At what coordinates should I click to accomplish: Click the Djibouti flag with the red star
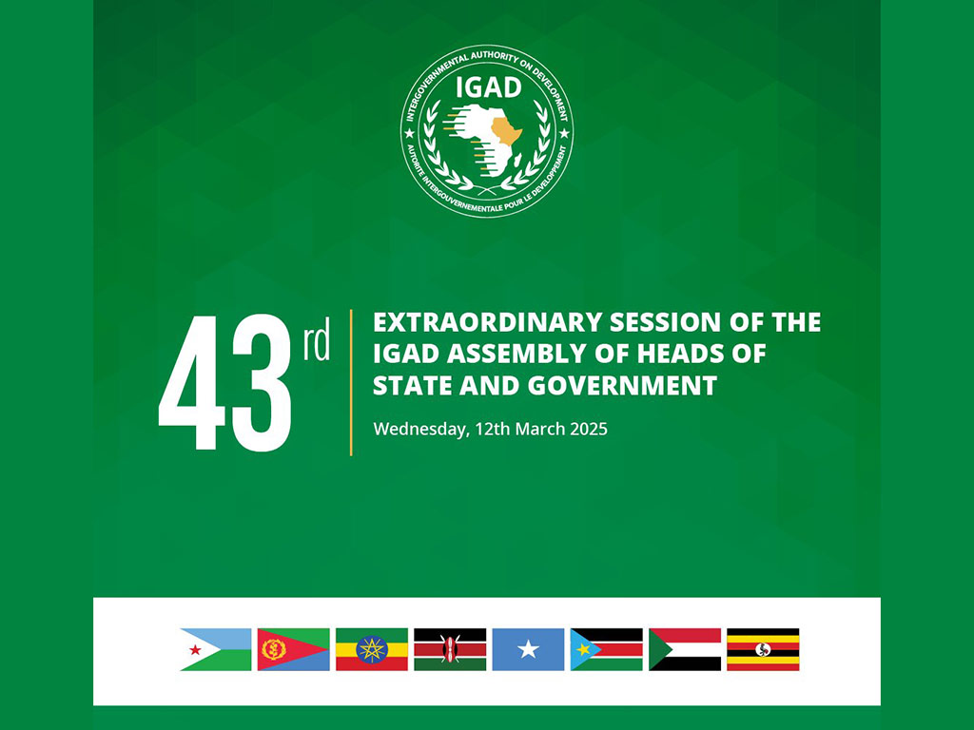tap(216, 649)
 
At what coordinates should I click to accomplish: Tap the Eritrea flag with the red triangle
tap(294, 649)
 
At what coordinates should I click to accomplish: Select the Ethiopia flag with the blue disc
tap(372, 649)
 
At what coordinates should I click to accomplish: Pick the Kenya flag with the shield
tap(450, 649)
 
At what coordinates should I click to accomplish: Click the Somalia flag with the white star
tap(529, 649)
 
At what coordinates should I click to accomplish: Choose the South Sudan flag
tap(607, 649)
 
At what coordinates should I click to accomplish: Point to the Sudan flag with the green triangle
tap(685, 649)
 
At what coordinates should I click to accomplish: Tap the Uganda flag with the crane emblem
tap(764, 649)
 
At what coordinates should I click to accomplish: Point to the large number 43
tap(224, 382)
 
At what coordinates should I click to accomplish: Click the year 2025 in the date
tap(588, 429)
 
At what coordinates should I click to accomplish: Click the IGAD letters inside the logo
tap(489, 87)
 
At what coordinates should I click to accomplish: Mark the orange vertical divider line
tap(352, 382)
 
